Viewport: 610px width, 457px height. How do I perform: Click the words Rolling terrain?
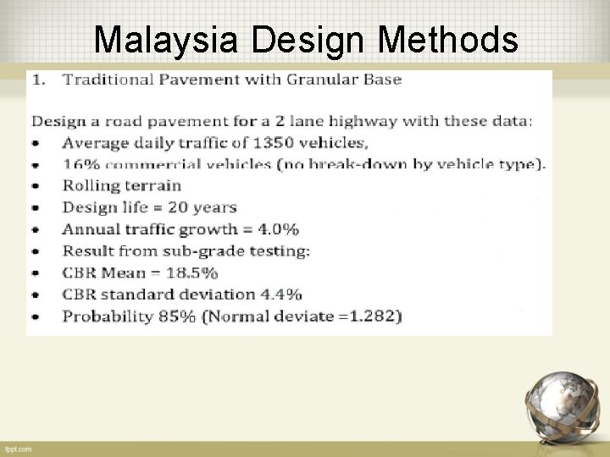click(122, 185)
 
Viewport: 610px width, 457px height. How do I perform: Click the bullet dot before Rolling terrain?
click(35, 186)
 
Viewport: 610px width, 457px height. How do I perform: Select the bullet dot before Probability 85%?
click(35, 317)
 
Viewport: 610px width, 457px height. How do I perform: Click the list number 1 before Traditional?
click(37, 80)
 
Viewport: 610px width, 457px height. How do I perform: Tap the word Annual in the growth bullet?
click(87, 229)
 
